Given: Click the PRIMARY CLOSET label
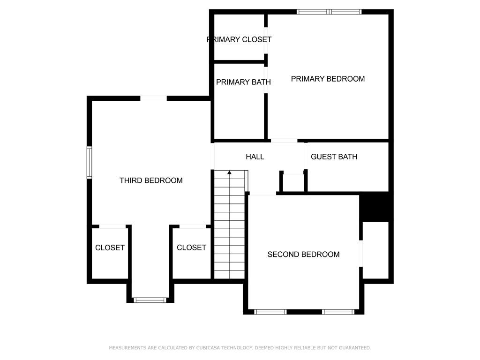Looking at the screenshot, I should [x=239, y=40].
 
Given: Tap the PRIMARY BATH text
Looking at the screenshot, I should [x=243, y=82].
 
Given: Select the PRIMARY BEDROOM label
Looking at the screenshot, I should [x=328, y=79].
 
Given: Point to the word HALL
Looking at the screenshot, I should [x=255, y=157].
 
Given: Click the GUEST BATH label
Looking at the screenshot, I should [x=334, y=157].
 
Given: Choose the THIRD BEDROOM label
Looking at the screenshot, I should [x=151, y=180].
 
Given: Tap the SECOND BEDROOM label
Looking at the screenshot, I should [x=303, y=255].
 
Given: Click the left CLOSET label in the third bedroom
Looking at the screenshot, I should [x=110, y=247].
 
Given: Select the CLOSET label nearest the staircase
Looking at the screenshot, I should [x=191, y=247].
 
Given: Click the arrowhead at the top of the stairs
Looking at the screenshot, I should [x=230, y=172].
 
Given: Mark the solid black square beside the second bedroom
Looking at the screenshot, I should [x=375, y=207].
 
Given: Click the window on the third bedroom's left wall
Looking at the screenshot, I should [x=89, y=162].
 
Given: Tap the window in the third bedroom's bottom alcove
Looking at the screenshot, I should [x=150, y=300].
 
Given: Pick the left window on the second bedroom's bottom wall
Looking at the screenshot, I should [x=270, y=312].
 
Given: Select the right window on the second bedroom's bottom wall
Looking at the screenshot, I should [x=338, y=312].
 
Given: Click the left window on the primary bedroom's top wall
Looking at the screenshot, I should [x=313, y=12].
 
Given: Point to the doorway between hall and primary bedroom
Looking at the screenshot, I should [x=284, y=140].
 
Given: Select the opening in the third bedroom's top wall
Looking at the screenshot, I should [x=153, y=98].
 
